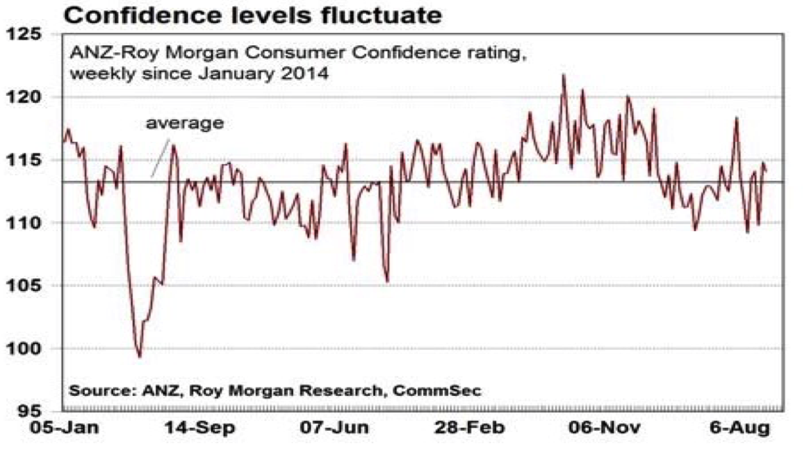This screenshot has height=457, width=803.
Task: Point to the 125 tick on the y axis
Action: pyautogui.click(x=32, y=35)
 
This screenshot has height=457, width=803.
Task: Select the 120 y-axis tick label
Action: pyautogui.click(x=32, y=97)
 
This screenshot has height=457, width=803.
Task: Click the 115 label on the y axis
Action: pyautogui.click(x=32, y=160)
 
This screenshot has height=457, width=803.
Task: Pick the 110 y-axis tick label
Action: pyautogui.click(x=32, y=223)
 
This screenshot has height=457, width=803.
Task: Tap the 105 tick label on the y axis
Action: pyautogui.click(x=32, y=286)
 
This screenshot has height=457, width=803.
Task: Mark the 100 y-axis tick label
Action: pyautogui.click(x=32, y=349)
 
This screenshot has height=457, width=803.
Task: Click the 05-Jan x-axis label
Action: pyautogui.click(x=62, y=429)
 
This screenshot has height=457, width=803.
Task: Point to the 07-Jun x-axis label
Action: pyautogui.click(x=329, y=429)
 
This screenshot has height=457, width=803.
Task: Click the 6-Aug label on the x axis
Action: pyautogui.click(x=738, y=429)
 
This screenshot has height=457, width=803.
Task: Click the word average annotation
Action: pyautogui.click(x=185, y=123)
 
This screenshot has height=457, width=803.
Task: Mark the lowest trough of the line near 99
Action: pyautogui.click(x=139, y=357)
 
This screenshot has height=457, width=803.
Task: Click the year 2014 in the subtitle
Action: pyautogui.click(x=305, y=73)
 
